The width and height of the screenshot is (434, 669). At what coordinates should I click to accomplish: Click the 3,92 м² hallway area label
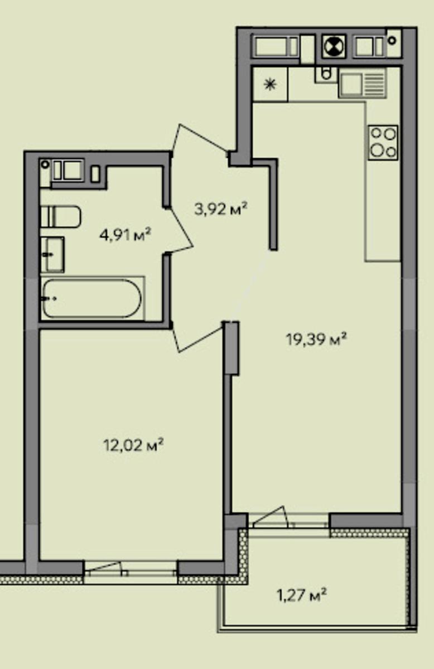[x=221, y=209]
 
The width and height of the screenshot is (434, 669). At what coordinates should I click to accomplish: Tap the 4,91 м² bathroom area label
[x=126, y=235]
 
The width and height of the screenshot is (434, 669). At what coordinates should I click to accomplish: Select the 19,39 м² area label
[x=316, y=339]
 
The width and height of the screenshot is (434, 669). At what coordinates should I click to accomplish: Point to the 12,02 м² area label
[x=133, y=445]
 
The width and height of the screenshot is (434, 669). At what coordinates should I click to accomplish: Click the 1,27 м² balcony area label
[x=302, y=595]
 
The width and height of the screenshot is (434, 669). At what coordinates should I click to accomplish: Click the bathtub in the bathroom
[x=92, y=298]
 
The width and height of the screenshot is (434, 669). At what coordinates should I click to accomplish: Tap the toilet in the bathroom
[x=61, y=216]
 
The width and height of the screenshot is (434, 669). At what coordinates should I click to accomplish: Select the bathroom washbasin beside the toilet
[x=52, y=255]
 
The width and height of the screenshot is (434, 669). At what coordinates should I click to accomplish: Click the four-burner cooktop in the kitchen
[x=383, y=143]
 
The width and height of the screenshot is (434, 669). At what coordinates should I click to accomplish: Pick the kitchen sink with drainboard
[x=362, y=83]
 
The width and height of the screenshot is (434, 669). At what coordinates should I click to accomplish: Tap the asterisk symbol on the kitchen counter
[x=270, y=84]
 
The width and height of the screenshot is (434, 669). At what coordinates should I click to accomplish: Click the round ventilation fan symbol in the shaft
[x=334, y=47]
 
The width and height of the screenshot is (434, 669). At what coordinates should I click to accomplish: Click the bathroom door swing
[x=179, y=230]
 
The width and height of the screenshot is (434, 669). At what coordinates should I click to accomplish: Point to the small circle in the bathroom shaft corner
[x=45, y=164]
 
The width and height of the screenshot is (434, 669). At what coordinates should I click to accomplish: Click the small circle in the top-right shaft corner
[x=392, y=40]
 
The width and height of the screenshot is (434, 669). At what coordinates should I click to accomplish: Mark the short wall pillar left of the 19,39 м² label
[x=232, y=348]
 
